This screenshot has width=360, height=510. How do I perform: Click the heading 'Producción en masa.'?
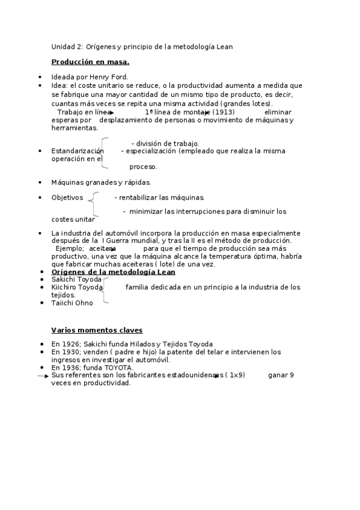pyautogui.click(x=90, y=62)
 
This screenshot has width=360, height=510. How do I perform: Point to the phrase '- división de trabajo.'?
pyautogui.click(x=165, y=143)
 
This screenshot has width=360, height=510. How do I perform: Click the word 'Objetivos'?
pyautogui.click(x=67, y=197)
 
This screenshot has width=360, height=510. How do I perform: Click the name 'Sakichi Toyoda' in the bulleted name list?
pyautogui.click(x=76, y=280)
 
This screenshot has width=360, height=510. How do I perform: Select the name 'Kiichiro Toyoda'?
pyautogui.click(x=78, y=287)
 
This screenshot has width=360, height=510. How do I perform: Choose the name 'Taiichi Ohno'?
pyautogui.click(x=72, y=303)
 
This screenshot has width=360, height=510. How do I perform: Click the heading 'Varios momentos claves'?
pyautogui.click(x=96, y=330)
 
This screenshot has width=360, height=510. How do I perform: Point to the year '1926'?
pyautogui.click(x=70, y=344)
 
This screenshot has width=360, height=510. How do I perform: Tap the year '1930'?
pyautogui.click(x=70, y=352)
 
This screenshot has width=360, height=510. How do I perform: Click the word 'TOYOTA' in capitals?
pyautogui.click(x=118, y=367)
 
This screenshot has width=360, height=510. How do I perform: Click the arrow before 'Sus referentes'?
pyautogui.click(x=43, y=376)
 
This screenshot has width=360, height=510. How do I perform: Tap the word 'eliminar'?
pyautogui.click(x=278, y=112)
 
